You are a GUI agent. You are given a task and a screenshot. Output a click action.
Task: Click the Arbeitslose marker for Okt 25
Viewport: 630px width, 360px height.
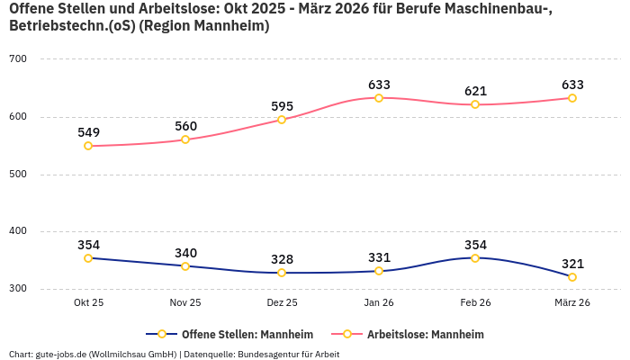click(88, 146)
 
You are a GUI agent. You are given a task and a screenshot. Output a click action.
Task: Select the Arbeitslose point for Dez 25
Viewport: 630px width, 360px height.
click(282, 120)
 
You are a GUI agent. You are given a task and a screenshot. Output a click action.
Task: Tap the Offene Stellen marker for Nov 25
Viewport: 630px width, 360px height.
click(185, 266)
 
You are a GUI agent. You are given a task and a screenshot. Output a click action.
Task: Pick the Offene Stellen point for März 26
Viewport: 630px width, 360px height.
click(572, 277)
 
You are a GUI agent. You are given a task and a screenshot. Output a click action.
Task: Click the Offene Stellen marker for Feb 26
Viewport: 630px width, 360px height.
click(475, 258)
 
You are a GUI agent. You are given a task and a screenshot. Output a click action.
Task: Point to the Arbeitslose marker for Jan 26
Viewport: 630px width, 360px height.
click(379, 97)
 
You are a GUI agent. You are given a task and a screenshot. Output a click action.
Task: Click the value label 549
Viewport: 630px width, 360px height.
click(88, 132)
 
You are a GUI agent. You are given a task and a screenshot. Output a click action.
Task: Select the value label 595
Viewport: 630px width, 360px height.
click(282, 106)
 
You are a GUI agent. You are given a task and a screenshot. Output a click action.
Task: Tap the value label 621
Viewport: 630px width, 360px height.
click(475, 91)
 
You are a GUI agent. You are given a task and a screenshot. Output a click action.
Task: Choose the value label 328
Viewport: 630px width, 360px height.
click(282, 259)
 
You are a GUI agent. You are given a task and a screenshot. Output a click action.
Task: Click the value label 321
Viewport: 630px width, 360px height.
click(572, 264)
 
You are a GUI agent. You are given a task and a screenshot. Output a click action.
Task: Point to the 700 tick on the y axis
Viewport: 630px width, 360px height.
click(18, 59)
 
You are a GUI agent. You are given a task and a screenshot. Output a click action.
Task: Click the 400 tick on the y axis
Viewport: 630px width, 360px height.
click(18, 231)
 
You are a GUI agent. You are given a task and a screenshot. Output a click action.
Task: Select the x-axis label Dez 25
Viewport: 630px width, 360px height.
click(282, 303)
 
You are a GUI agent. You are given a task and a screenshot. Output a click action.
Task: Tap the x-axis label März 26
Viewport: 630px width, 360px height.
click(572, 303)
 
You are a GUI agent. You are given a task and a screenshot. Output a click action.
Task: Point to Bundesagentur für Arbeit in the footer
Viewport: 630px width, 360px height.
click(288, 354)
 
